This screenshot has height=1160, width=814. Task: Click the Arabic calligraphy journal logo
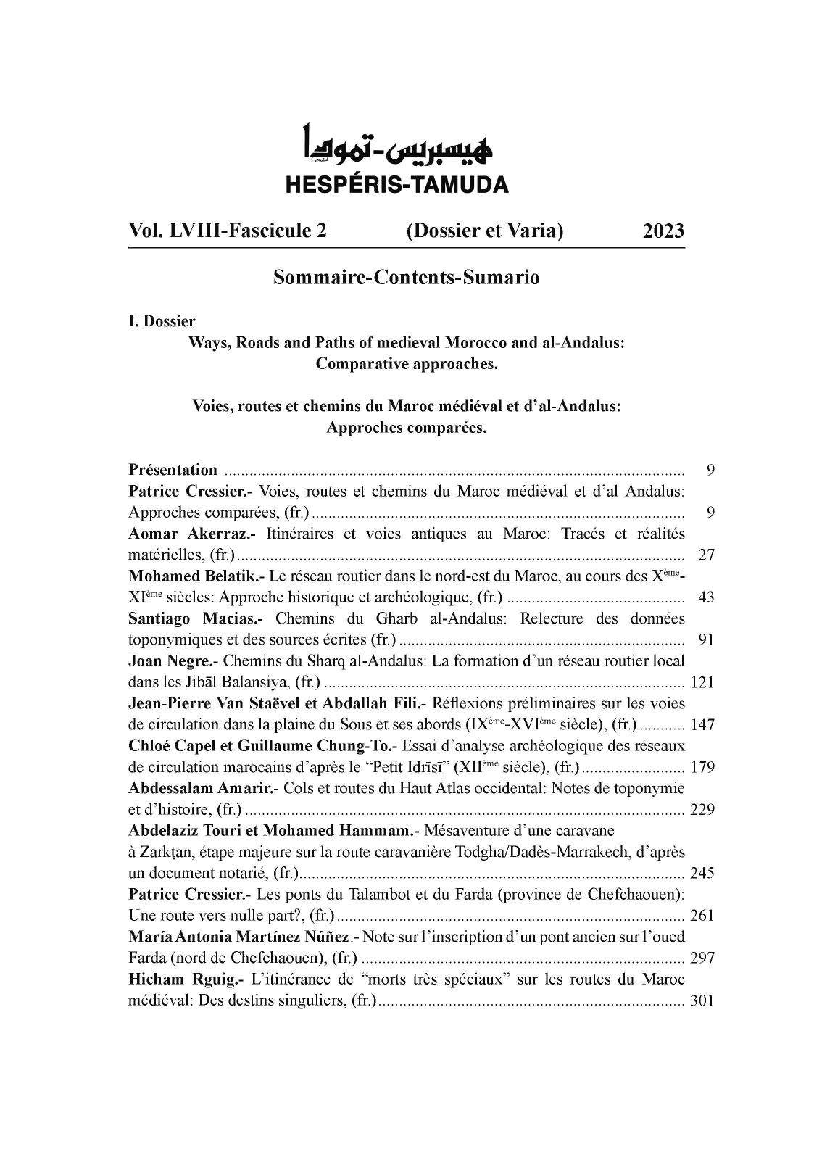click(x=397, y=145)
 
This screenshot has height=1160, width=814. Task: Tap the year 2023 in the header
click(x=663, y=231)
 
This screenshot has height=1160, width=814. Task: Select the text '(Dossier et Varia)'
click(x=485, y=231)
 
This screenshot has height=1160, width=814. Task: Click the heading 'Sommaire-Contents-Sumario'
click(x=406, y=278)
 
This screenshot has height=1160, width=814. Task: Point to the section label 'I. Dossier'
click(x=162, y=321)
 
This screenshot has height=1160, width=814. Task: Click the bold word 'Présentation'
click(x=173, y=470)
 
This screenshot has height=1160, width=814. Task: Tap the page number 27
click(x=706, y=555)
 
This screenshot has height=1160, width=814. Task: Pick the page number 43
click(x=706, y=598)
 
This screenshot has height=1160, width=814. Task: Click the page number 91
click(x=706, y=640)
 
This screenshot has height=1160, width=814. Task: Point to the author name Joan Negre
click(x=173, y=661)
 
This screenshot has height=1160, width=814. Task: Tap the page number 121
click(x=702, y=683)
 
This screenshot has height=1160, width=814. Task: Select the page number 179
click(x=702, y=768)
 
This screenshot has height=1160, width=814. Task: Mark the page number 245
click(x=702, y=873)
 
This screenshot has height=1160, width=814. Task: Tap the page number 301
click(x=702, y=1001)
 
